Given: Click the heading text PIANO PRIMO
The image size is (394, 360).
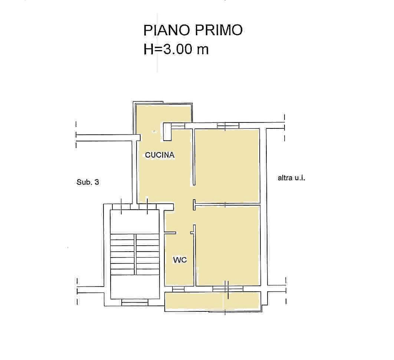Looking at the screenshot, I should tap(193, 30).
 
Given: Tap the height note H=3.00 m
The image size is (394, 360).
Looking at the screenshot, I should tap(176, 49).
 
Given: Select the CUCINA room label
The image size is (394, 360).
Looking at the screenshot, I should tap(160, 155).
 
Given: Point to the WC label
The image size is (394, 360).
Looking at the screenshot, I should tap(180, 260).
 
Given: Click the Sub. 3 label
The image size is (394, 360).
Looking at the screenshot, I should tap(88, 182).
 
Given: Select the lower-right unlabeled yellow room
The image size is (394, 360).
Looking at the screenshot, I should tap(227, 245).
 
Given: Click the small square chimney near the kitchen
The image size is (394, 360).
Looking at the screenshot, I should tap(167, 132).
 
